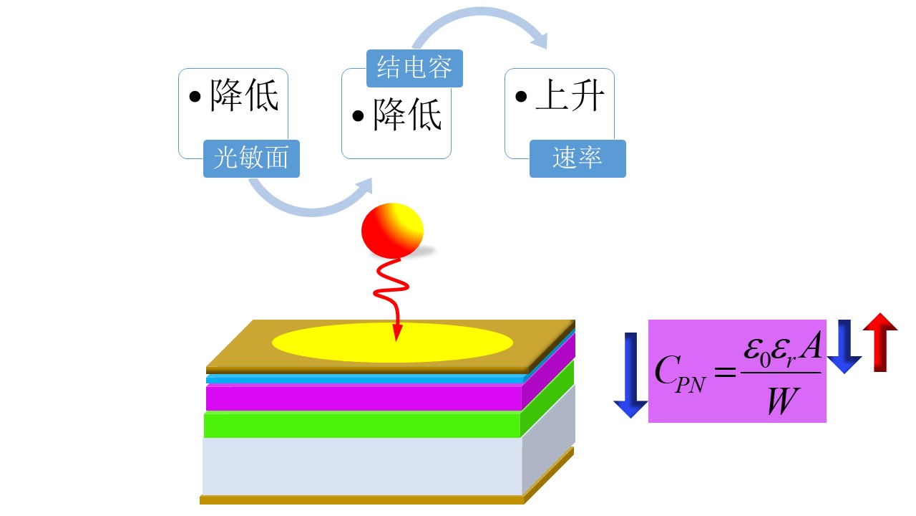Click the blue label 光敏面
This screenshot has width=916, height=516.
[x=251, y=158]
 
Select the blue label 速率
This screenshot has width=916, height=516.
[x=577, y=158]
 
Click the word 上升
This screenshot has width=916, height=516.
[x=570, y=99]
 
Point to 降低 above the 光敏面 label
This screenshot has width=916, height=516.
[x=244, y=98]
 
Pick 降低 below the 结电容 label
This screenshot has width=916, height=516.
[x=406, y=115]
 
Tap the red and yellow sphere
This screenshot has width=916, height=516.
[x=392, y=230]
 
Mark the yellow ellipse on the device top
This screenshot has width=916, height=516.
[x=392, y=343]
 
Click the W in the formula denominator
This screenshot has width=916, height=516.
[x=779, y=402]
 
